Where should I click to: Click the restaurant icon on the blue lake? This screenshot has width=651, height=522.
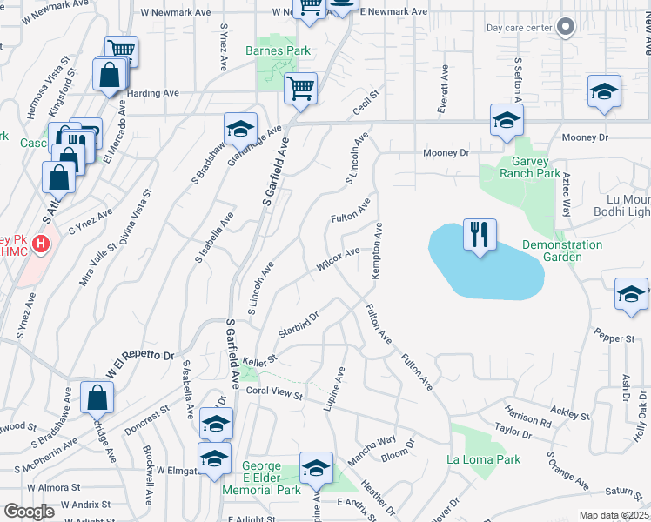tap(480, 235)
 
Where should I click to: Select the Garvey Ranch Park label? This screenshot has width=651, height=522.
tap(530, 166)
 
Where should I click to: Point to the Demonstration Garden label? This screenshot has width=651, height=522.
tap(562, 251)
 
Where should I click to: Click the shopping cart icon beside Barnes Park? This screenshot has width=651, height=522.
tap(300, 88)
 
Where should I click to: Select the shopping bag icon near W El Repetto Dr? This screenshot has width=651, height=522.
tap(97, 398)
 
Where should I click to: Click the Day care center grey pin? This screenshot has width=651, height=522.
tap(567, 27)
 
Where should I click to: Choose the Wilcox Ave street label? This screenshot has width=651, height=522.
tap(339, 259)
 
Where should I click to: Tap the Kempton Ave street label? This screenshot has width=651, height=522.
tap(378, 251)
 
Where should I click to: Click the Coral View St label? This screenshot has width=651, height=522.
tap(273, 394)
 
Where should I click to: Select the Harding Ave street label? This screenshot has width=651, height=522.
tap(153, 93)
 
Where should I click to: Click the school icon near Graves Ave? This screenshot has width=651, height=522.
tap(240, 129)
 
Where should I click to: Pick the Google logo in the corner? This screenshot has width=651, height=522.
tap(29, 512)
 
